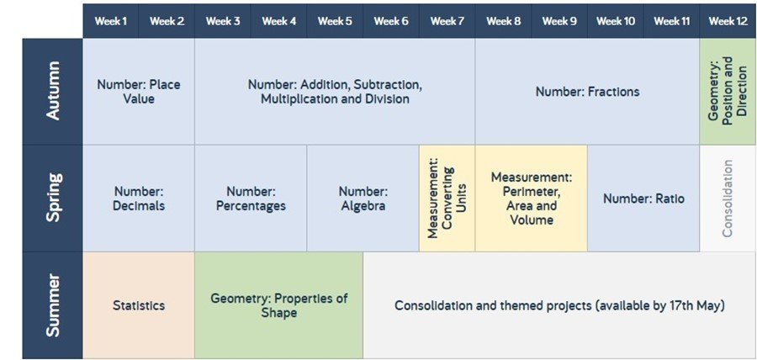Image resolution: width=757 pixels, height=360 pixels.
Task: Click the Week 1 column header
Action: [x=110, y=21]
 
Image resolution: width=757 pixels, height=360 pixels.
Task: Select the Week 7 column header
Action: [x=447, y=21]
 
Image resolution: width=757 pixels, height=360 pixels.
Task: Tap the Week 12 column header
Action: [x=728, y=21]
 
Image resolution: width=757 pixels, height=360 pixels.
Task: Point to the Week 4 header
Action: [x=278, y=21]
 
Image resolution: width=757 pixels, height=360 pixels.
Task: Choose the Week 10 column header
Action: [x=615, y=21]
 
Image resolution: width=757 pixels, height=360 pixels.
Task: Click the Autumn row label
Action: [x=53, y=91]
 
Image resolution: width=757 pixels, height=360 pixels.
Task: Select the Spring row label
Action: [x=53, y=198]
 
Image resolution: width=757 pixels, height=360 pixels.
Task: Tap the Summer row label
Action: [x=53, y=305]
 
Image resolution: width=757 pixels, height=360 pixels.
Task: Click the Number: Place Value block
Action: [x=139, y=91]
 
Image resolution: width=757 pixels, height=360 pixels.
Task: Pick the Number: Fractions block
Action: [x=587, y=91]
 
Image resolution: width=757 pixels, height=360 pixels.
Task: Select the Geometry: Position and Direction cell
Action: [x=728, y=91]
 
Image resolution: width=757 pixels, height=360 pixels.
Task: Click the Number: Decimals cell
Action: [x=139, y=198]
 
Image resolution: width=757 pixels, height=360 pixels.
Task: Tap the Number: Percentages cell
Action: [x=251, y=198]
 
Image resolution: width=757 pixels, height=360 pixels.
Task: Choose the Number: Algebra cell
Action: [x=363, y=198]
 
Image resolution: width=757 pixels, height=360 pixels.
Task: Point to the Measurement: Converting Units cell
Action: [x=447, y=198]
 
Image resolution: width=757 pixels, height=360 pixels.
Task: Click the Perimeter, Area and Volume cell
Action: [x=531, y=198]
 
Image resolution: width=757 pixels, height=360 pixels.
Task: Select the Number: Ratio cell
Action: [x=643, y=198]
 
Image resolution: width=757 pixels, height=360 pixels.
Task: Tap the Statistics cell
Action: [x=139, y=305]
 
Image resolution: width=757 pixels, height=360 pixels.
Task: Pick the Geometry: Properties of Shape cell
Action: [x=278, y=305]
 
